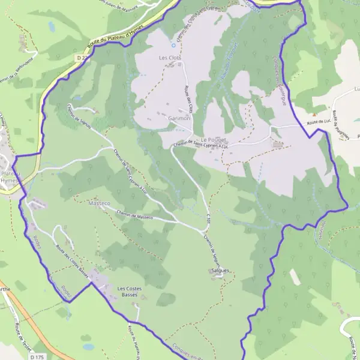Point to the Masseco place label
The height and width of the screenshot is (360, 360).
[x=99, y=204]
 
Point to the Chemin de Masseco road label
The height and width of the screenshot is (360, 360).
[x=136, y=215]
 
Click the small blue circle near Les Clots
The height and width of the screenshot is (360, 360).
[x=173, y=44]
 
